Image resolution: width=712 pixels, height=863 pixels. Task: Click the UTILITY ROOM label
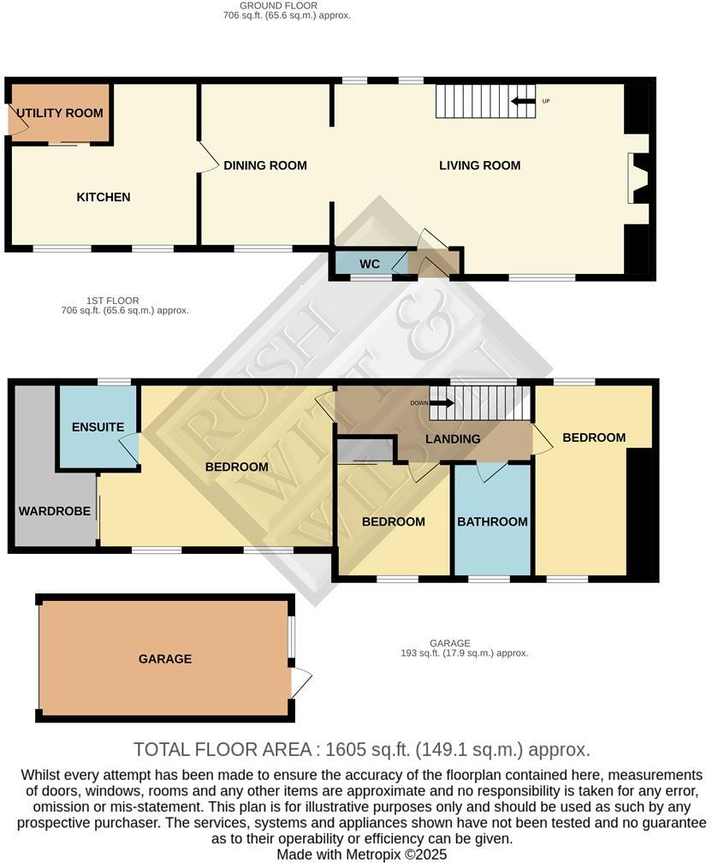tap(60, 113)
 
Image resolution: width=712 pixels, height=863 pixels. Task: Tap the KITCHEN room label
tap(104, 197)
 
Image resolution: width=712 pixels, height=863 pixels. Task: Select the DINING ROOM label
tap(265, 165)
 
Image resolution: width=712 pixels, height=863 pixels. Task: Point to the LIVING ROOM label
tap(479, 165)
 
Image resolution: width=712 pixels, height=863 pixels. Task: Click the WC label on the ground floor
tap(369, 264)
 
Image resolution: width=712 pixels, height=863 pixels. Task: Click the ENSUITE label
tap(98, 426)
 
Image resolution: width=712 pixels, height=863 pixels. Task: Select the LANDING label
tap(451, 439)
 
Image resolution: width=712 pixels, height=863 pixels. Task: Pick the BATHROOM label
tap(492, 521)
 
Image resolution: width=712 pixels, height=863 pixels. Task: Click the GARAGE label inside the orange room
tap(165, 658)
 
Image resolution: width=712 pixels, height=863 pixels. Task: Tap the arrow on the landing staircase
tap(442, 402)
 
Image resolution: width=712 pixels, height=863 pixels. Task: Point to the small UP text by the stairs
tap(546, 102)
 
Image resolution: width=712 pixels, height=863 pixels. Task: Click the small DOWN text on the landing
tap(418, 402)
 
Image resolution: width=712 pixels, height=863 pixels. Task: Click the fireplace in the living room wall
tap(638, 178)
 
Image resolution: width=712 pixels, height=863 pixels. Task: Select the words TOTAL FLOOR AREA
tap(222, 750)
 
